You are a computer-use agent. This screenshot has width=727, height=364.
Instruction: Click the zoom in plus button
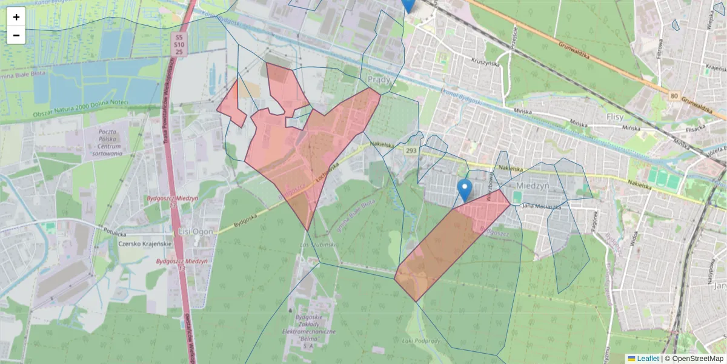(16, 17)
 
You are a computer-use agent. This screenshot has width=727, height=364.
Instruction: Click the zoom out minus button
(16, 35)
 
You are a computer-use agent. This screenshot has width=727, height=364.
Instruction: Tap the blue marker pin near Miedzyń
(465, 190)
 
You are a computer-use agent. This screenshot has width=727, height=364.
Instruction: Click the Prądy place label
(380, 80)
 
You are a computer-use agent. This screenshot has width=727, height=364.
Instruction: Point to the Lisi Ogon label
(193, 232)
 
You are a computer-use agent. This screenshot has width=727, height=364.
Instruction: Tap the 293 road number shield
(411, 150)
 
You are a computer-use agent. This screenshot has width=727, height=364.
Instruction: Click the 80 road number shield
(674, 95)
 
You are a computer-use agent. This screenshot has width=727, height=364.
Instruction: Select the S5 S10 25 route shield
(179, 44)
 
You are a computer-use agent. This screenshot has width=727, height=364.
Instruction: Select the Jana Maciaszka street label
(542, 207)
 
